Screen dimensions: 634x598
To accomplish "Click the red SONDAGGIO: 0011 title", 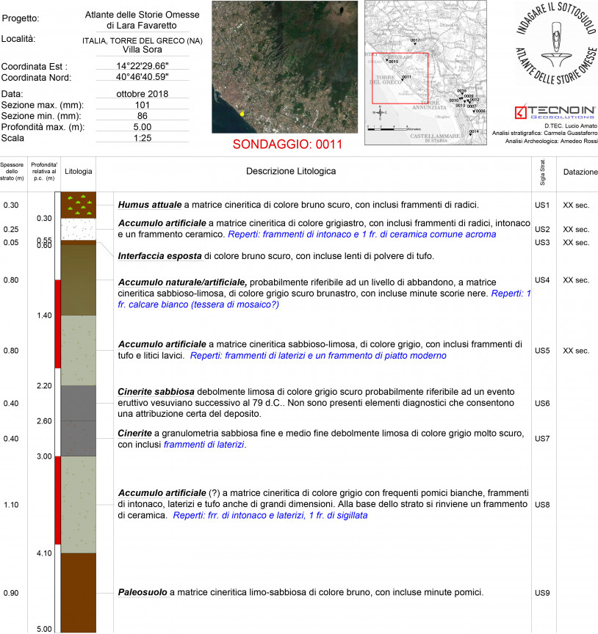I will [x=287, y=144].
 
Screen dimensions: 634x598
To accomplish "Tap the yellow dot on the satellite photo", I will [x=241, y=114].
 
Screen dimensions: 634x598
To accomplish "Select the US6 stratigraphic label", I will [x=542, y=404].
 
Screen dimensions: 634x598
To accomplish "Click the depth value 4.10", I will [x=44, y=553].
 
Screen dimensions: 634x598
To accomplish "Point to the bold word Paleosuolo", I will [x=143, y=592].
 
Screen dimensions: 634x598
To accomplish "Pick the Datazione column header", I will [x=580, y=172].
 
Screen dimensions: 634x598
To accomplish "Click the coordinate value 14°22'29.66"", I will [x=143, y=65].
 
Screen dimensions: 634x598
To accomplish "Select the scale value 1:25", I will [x=143, y=137].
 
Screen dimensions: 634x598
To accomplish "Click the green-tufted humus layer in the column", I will [x=78, y=205].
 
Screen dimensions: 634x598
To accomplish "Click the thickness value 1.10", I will [x=11, y=505].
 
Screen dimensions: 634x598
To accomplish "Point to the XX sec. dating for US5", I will [x=576, y=351].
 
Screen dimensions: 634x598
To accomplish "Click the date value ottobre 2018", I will [x=143, y=94].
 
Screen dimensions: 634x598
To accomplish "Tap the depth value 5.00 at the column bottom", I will [x=44, y=629].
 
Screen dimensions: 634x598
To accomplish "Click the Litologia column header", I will [x=78, y=172].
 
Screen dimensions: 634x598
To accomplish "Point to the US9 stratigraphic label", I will [x=542, y=592].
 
